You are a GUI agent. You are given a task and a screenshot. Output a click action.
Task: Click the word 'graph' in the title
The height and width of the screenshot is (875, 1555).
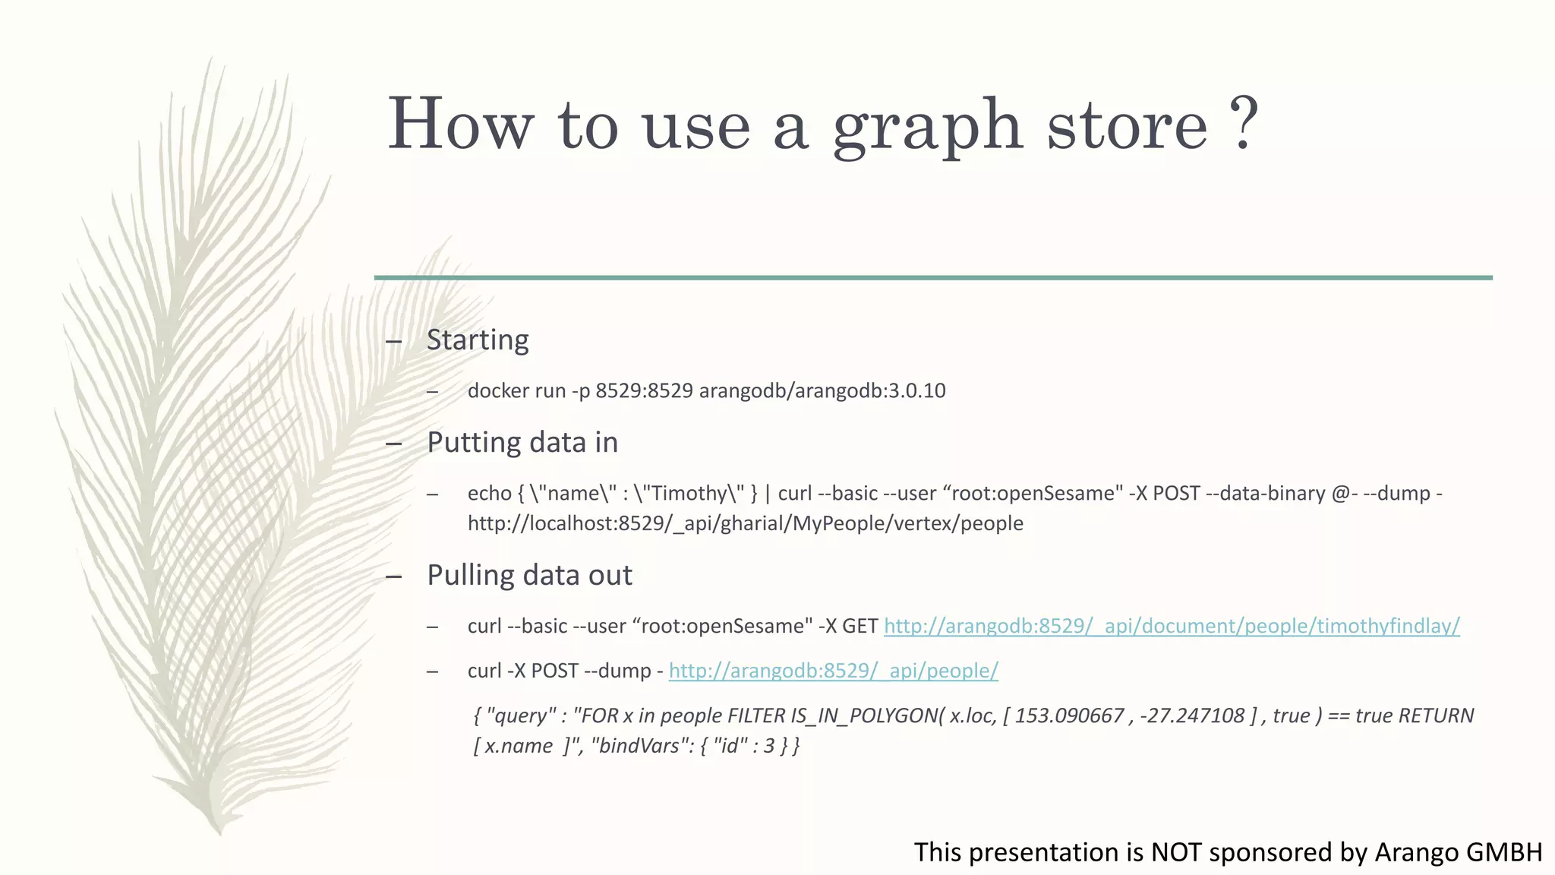coord(927,125)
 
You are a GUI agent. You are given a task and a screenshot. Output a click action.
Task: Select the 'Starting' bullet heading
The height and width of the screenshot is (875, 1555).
coord(478,340)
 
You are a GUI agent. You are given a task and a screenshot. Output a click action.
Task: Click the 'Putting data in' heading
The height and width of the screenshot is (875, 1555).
coord(522,442)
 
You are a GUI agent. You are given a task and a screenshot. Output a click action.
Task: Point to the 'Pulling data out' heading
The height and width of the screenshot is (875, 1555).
coord(529,575)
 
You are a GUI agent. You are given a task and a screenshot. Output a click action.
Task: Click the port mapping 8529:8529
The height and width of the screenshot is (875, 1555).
coord(644,390)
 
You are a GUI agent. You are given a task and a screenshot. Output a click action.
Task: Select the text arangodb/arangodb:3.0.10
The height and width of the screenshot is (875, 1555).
coord(822,390)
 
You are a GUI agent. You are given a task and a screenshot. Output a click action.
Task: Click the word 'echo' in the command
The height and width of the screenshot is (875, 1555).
coord(489,493)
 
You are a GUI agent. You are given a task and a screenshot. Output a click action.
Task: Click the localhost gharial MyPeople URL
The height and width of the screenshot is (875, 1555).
coord(745,523)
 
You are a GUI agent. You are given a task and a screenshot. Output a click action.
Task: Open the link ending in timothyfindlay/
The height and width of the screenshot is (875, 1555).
coord(1172,626)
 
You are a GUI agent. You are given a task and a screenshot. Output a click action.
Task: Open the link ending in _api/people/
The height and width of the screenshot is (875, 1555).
coord(833,671)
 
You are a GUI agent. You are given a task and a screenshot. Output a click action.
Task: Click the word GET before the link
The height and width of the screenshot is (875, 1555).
coord(860,626)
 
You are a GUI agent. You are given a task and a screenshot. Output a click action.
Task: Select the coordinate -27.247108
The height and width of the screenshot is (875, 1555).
coord(1192,715)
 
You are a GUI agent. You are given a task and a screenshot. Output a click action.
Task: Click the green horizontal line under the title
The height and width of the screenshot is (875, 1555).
coord(933,278)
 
